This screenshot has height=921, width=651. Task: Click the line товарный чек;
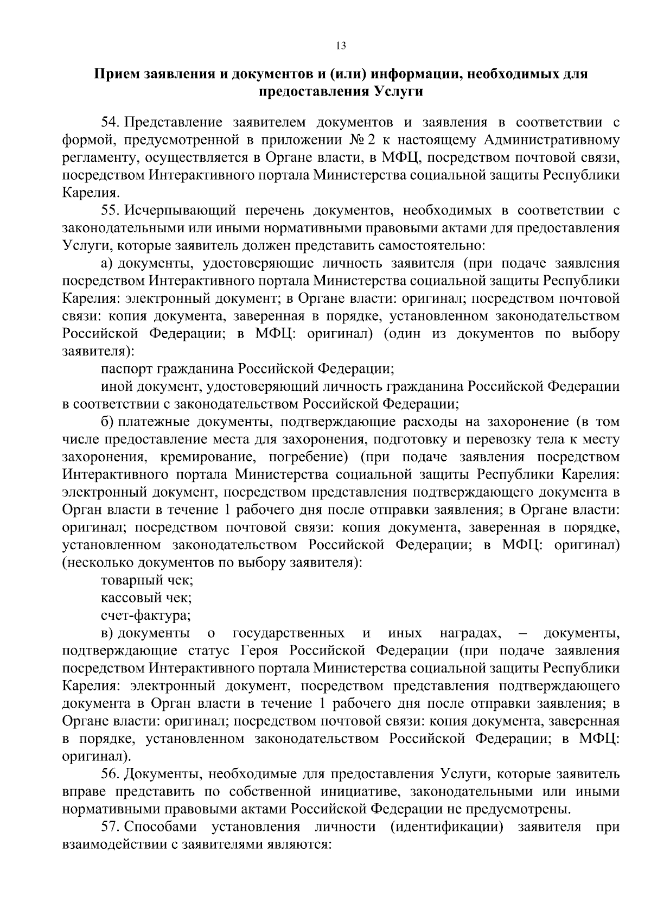coord(147,580)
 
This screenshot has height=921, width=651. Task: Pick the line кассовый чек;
coord(146,598)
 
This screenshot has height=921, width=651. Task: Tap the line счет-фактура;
coord(146,615)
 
